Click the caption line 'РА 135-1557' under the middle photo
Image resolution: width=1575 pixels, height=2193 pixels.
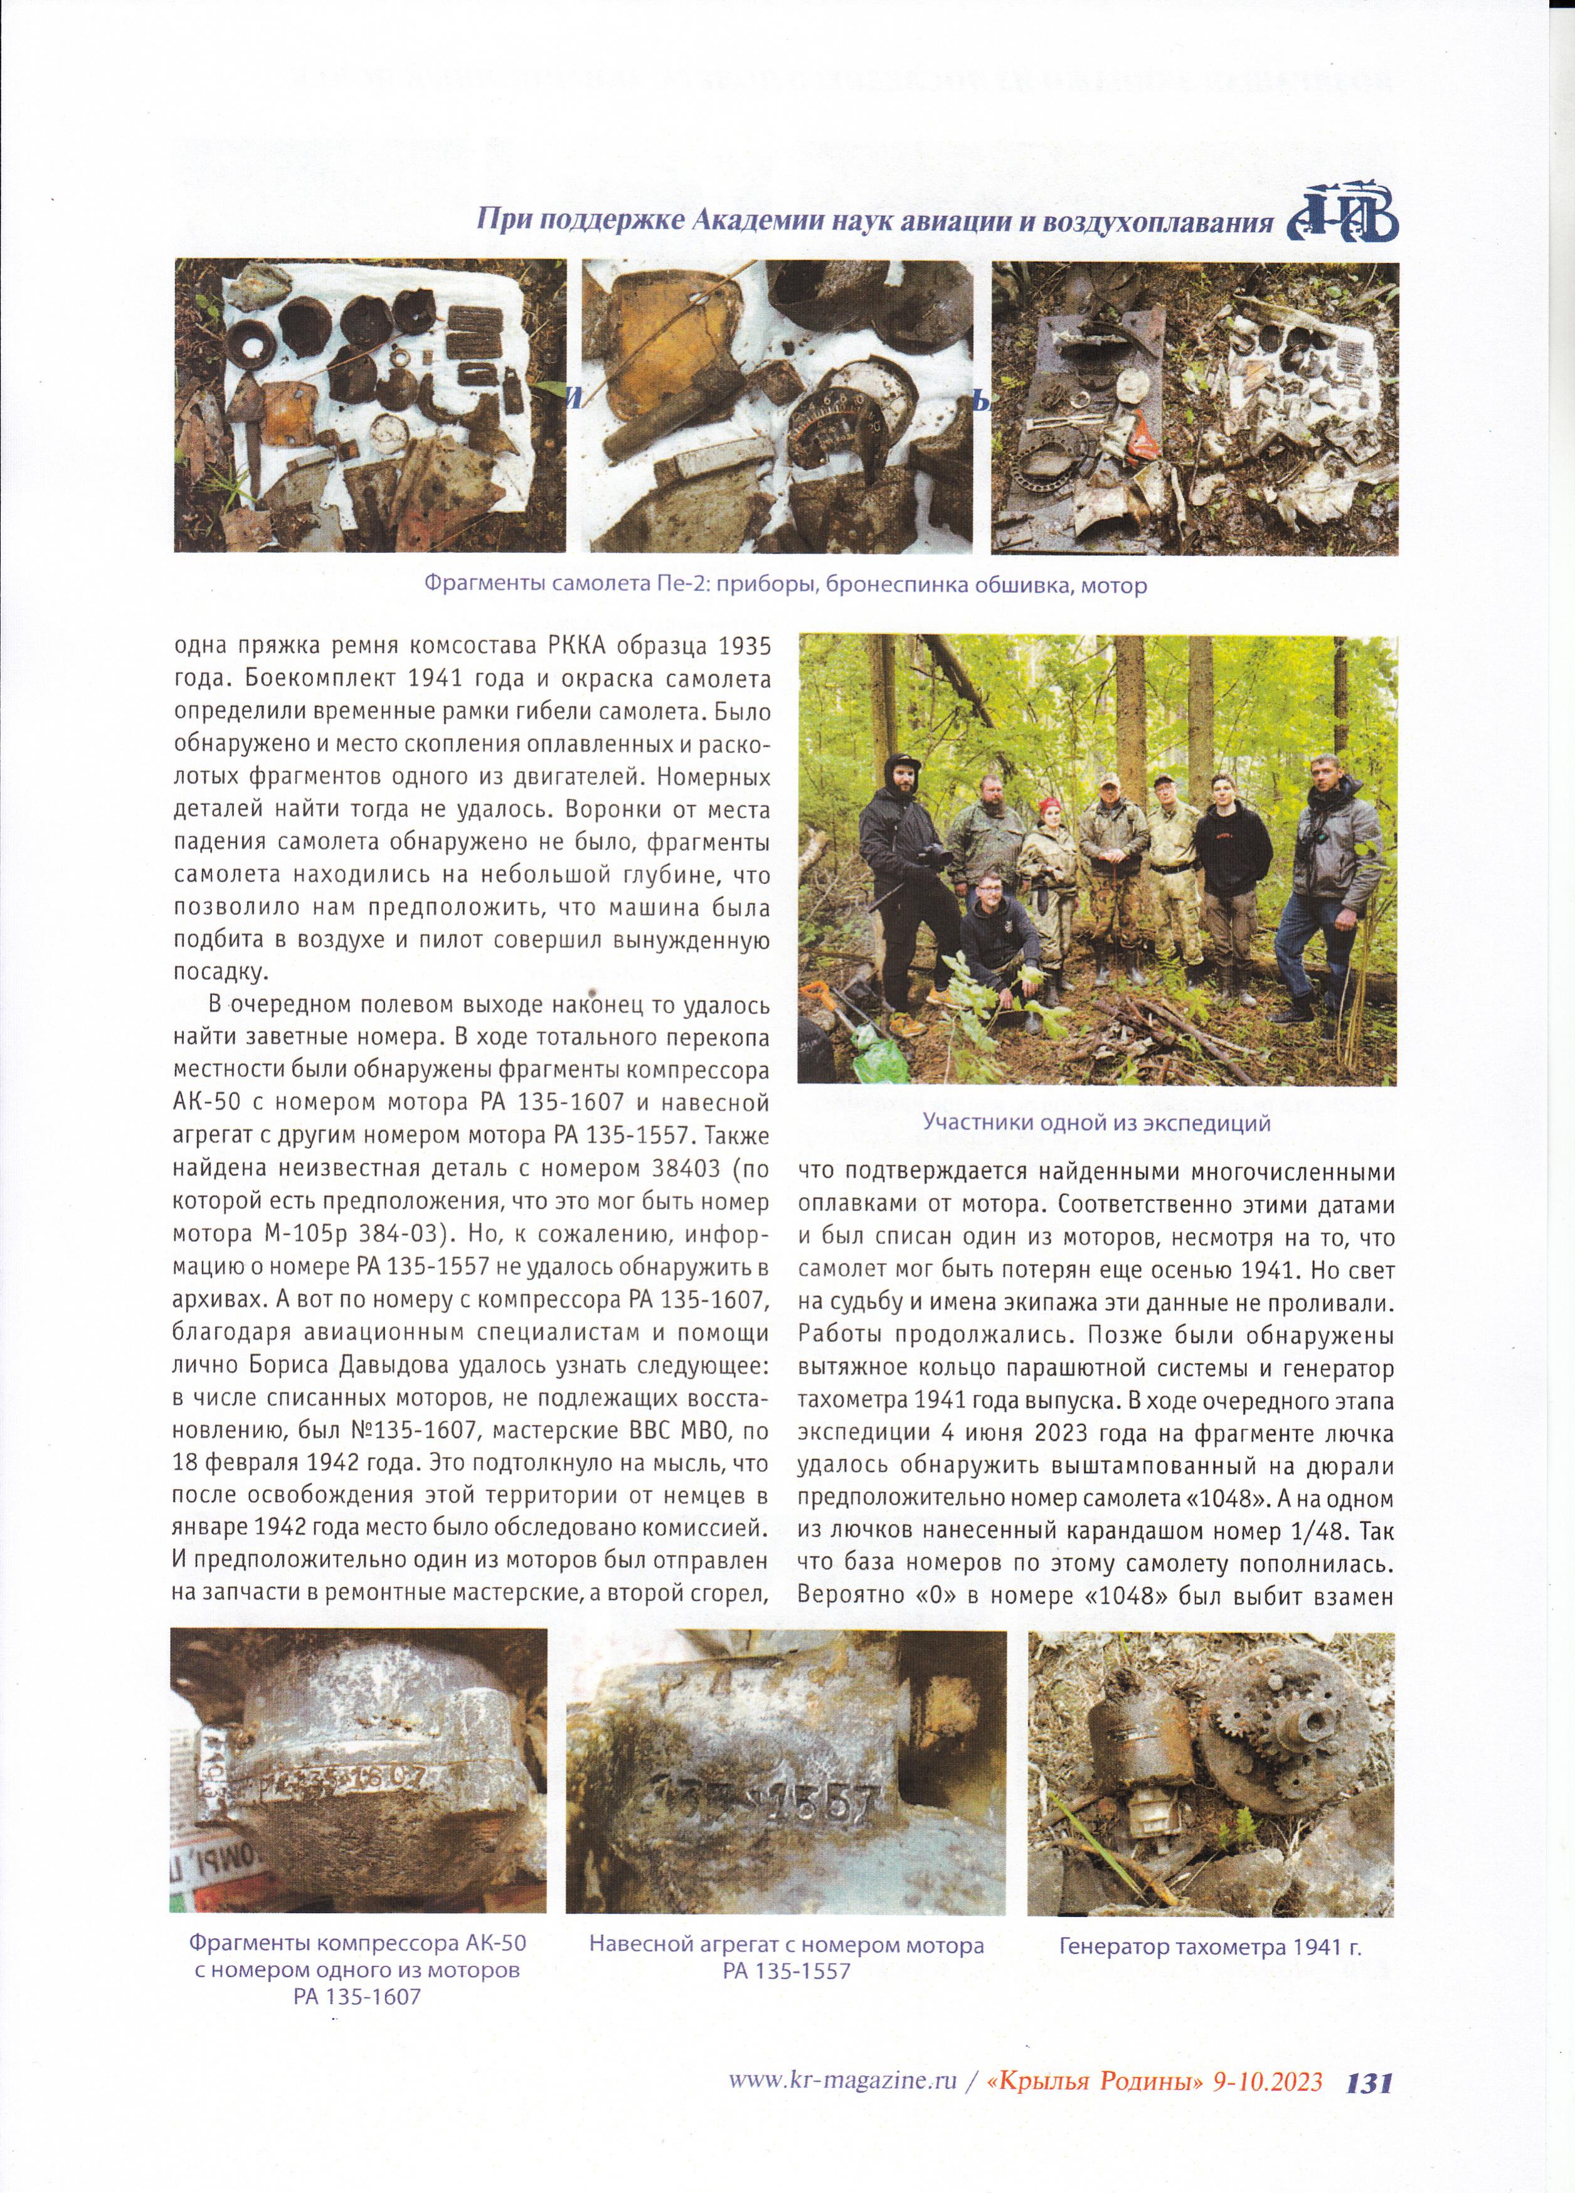(x=786, y=1943)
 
